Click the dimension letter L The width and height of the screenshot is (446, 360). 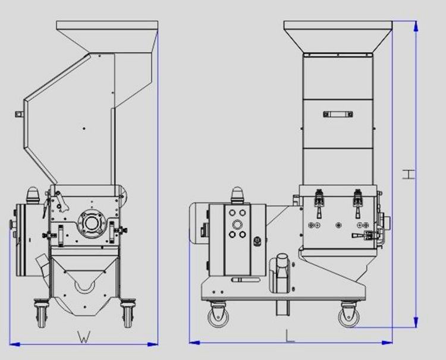point(290,336)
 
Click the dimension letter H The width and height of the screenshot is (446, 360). point(409,174)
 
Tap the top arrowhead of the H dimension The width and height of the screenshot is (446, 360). point(416,26)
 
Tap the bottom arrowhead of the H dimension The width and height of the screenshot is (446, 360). point(416,321)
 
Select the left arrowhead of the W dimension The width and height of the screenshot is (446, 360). point(15,345)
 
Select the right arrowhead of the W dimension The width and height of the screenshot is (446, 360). point(153,345)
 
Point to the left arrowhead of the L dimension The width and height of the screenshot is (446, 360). point(194,343)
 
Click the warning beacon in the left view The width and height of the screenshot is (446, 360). point(33,195)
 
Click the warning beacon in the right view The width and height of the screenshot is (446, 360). point(237,195)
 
